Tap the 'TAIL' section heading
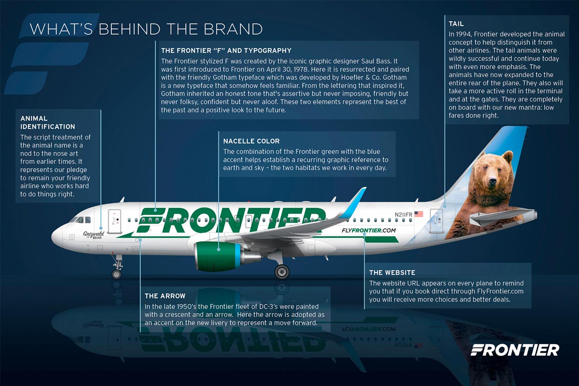[x=456, y=24]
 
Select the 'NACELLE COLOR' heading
[x=251, y=141]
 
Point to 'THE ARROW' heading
[x=165, y=296]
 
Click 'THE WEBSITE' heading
[x=392, y=273]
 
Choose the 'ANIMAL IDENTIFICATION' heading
[x=48, y=123]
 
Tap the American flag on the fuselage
[x=418, y=214]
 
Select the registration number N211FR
[x=403, y=214]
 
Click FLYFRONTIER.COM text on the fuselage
[x=369, y=230]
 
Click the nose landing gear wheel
[x=116, y=274]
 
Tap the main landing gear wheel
[x=281, y=272]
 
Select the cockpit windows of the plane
[x=81, y=220]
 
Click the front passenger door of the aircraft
[x=114, y=221]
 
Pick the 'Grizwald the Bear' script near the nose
[x=94, y=235]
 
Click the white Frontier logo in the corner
[x=515, y=350]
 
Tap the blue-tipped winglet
[x=353, y=203]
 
